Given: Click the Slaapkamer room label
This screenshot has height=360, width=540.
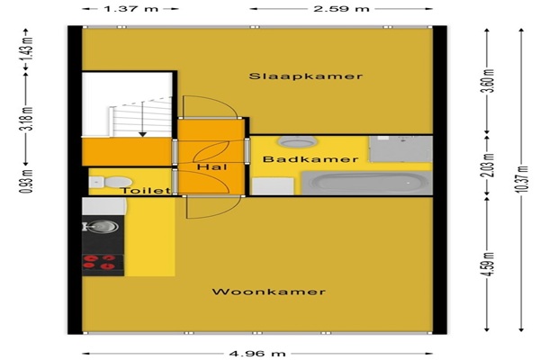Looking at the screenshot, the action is [306, 76].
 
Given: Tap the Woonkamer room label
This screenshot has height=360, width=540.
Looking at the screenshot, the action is [268, 292].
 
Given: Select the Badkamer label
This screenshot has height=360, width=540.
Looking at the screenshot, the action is [310, 159].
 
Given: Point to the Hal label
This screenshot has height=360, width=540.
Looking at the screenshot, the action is [212, 167].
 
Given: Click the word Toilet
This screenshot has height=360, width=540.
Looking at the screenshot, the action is [146, 191].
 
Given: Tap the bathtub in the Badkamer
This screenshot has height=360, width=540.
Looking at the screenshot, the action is [367, 183].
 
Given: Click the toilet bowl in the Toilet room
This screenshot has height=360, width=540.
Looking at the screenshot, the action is [118, 182].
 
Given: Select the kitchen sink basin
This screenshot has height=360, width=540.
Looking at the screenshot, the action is [103, 227].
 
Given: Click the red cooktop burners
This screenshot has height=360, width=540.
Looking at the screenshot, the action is [99, 262].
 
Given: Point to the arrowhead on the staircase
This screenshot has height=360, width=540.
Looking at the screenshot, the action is [142, 134].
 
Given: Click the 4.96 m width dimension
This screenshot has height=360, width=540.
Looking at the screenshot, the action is [257, 354].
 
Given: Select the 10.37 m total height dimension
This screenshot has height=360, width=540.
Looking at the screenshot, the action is [522, 179].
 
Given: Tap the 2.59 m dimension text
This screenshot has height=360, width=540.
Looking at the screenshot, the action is [341, 9].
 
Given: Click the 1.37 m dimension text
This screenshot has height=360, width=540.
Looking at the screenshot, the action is [130, 9].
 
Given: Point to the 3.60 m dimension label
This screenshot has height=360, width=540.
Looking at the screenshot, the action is [487, 81].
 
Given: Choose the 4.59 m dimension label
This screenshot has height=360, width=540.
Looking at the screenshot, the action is [487, 265].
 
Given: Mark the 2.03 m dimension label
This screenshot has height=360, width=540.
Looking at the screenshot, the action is [487, 166].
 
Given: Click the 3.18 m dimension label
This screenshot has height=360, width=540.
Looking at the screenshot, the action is [26, 119].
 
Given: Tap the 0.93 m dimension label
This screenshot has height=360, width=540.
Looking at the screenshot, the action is [26, 182].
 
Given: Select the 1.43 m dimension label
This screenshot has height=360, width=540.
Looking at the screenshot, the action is [26, 49].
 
